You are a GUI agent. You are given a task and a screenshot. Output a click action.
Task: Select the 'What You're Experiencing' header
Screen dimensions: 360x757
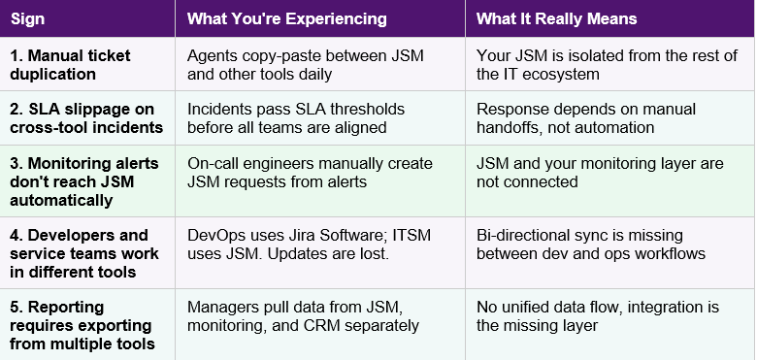[x=286, y=18]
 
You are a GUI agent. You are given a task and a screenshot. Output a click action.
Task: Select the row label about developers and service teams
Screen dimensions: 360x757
[x=79, y=253]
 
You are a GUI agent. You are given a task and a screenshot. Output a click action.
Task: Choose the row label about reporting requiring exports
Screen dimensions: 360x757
[x=82, y=324]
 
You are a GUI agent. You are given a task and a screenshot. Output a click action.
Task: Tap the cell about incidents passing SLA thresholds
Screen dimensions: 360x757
[x=297, y=118]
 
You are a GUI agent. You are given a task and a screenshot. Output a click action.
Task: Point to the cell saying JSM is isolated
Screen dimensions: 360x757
[x=608, y=64]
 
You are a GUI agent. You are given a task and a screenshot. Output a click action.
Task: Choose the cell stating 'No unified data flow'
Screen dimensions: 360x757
[x=598, y=316]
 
